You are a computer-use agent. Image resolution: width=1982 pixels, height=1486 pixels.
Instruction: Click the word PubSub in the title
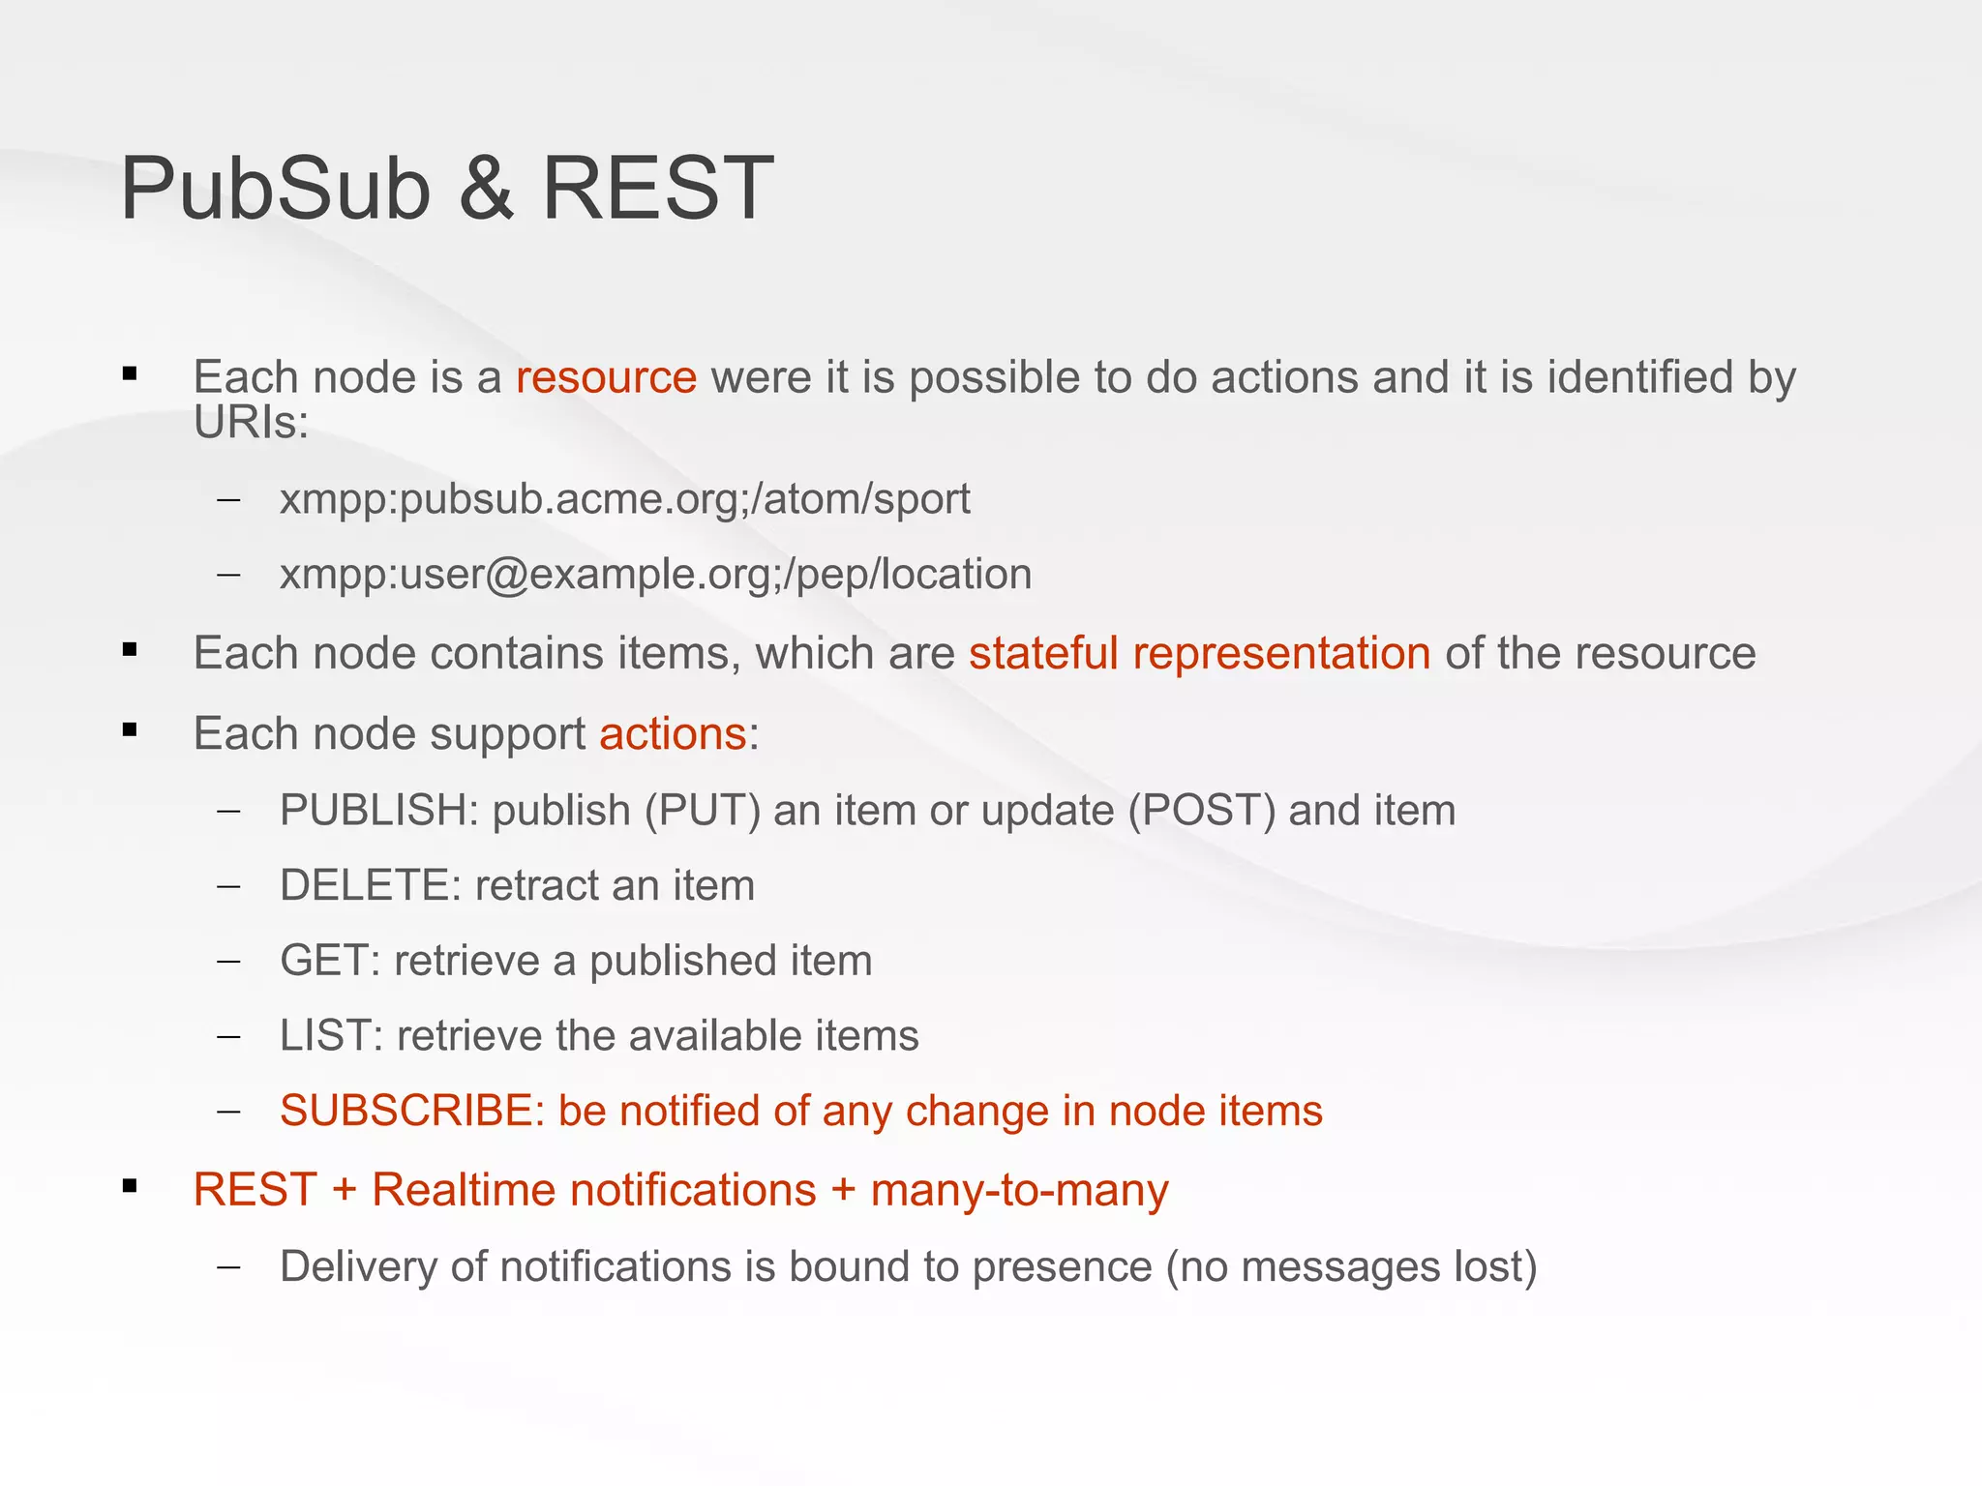pyautogui.click(x=275, y=189)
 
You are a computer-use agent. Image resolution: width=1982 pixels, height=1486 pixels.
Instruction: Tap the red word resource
pyautogui.click(x=606, y=377)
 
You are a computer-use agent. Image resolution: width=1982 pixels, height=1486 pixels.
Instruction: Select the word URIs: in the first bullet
pyautogui.click(x=251, y=423)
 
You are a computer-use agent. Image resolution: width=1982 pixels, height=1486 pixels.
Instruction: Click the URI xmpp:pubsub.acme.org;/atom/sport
pyautogui.click(x=624, y=499)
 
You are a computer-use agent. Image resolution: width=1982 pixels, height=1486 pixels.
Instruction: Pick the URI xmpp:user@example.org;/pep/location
pyautogui.click(x=655, y=575)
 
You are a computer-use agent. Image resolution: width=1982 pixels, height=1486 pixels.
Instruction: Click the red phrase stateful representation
pyautogui.click(x=1199, y=653)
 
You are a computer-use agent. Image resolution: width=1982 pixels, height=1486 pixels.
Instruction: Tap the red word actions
pyautogui.click(x=673, y=733)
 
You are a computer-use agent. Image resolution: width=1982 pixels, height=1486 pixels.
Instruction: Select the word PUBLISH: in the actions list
pyautogui.click(x=379, y=810)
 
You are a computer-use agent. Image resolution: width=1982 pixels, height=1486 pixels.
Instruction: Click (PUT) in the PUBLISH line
pyautogui.click(x=703, y=810)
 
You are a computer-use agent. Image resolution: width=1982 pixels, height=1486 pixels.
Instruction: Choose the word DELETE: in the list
pyautogui.click(x=370, y=885)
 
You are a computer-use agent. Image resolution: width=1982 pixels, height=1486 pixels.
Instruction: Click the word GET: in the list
pyautogui.click(x=329, y=961)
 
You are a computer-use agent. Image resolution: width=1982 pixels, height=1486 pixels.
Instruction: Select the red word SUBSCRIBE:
pyautogui.click(x=412, y=1111)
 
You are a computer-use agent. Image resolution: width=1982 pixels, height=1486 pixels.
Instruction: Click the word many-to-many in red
pyautogui.click(x=1019, y=1190)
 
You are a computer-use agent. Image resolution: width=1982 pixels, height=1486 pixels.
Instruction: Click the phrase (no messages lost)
pyautogui.click(x=1351, y=1267)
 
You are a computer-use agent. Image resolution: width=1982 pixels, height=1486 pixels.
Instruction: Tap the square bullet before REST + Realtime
pyautogui.click(x=130, y=1185)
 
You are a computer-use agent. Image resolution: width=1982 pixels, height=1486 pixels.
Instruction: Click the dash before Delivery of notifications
pyautogui.click(x=229, y=1266)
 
